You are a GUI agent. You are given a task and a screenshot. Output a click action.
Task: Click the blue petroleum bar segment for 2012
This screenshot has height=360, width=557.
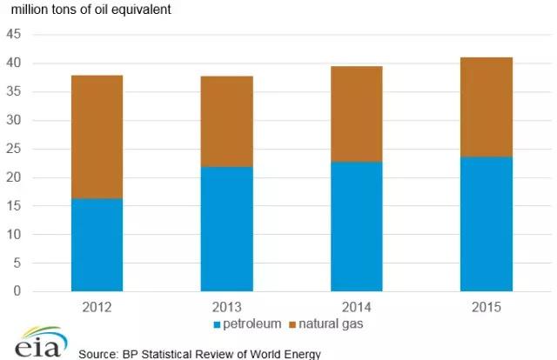point(97,244)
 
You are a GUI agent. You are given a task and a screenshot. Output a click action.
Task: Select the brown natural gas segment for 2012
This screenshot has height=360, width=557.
point(97,137)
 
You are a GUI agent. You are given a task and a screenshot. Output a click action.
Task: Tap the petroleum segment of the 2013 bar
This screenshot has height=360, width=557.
point(227,229)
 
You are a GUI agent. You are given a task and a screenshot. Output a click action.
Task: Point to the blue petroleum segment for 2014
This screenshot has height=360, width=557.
point(357,226)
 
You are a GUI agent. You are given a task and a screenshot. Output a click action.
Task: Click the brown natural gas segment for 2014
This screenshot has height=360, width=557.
point(357,114)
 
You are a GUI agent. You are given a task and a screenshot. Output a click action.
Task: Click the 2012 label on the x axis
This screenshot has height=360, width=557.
point(97,307)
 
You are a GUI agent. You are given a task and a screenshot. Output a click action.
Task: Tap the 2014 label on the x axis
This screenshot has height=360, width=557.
point(357,307)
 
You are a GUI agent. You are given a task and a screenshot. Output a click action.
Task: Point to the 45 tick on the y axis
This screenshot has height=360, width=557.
point(16,36)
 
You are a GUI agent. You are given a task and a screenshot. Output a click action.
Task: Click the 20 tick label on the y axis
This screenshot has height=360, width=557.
point(16,178)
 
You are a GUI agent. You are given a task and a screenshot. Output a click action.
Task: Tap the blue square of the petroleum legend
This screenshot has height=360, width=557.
point(217,325)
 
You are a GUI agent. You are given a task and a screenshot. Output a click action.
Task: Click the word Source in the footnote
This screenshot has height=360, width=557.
point(97,354)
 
